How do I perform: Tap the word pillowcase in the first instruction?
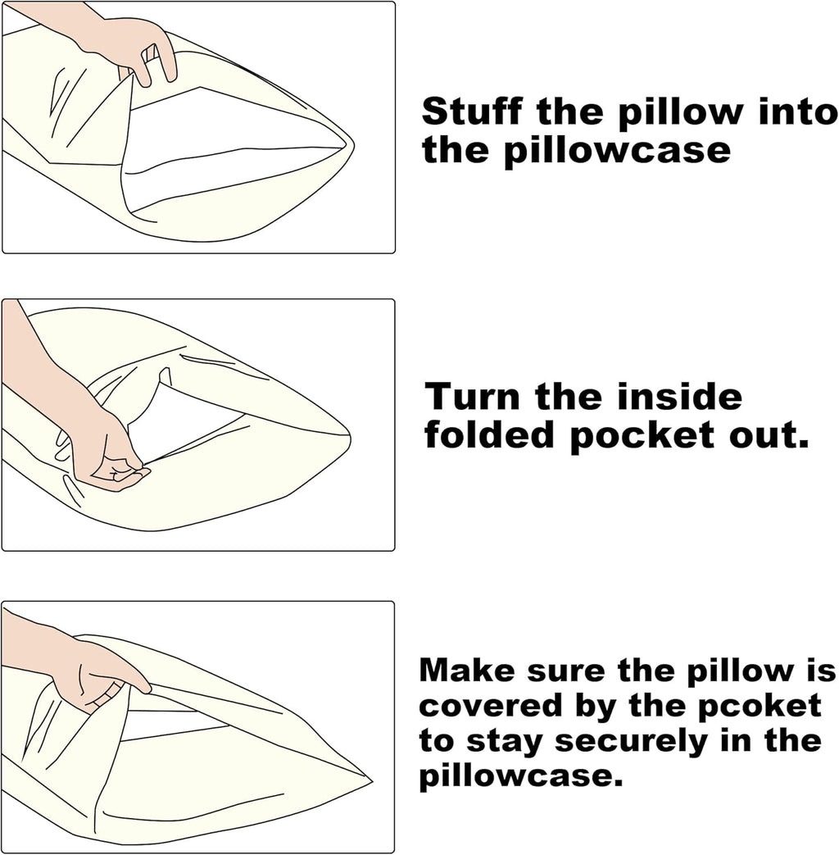tap(617, 151)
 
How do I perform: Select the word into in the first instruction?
tap(797, 111)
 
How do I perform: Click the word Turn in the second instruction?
tap(473, 397)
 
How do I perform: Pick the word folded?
tap(488, 434)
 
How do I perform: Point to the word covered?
tap(490, 706)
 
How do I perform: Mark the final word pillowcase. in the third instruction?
tap(520, 777)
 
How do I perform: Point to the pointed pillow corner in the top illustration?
tap(352, 145)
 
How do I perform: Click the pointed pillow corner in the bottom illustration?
tap(370, 781)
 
